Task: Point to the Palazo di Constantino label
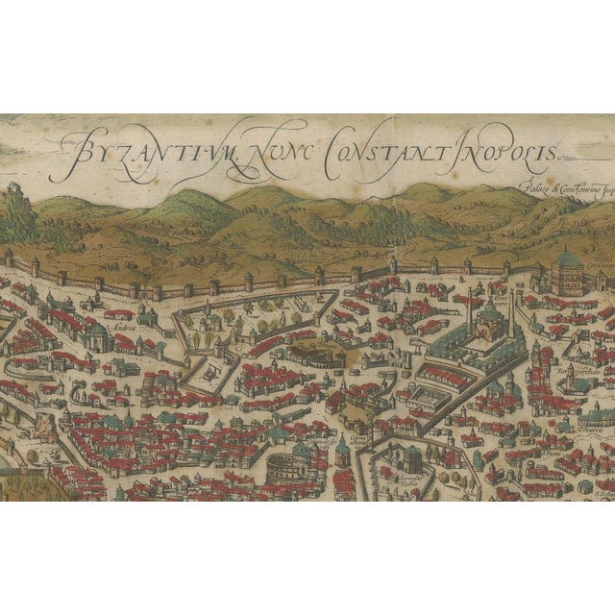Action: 565,190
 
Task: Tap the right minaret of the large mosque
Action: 512,312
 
